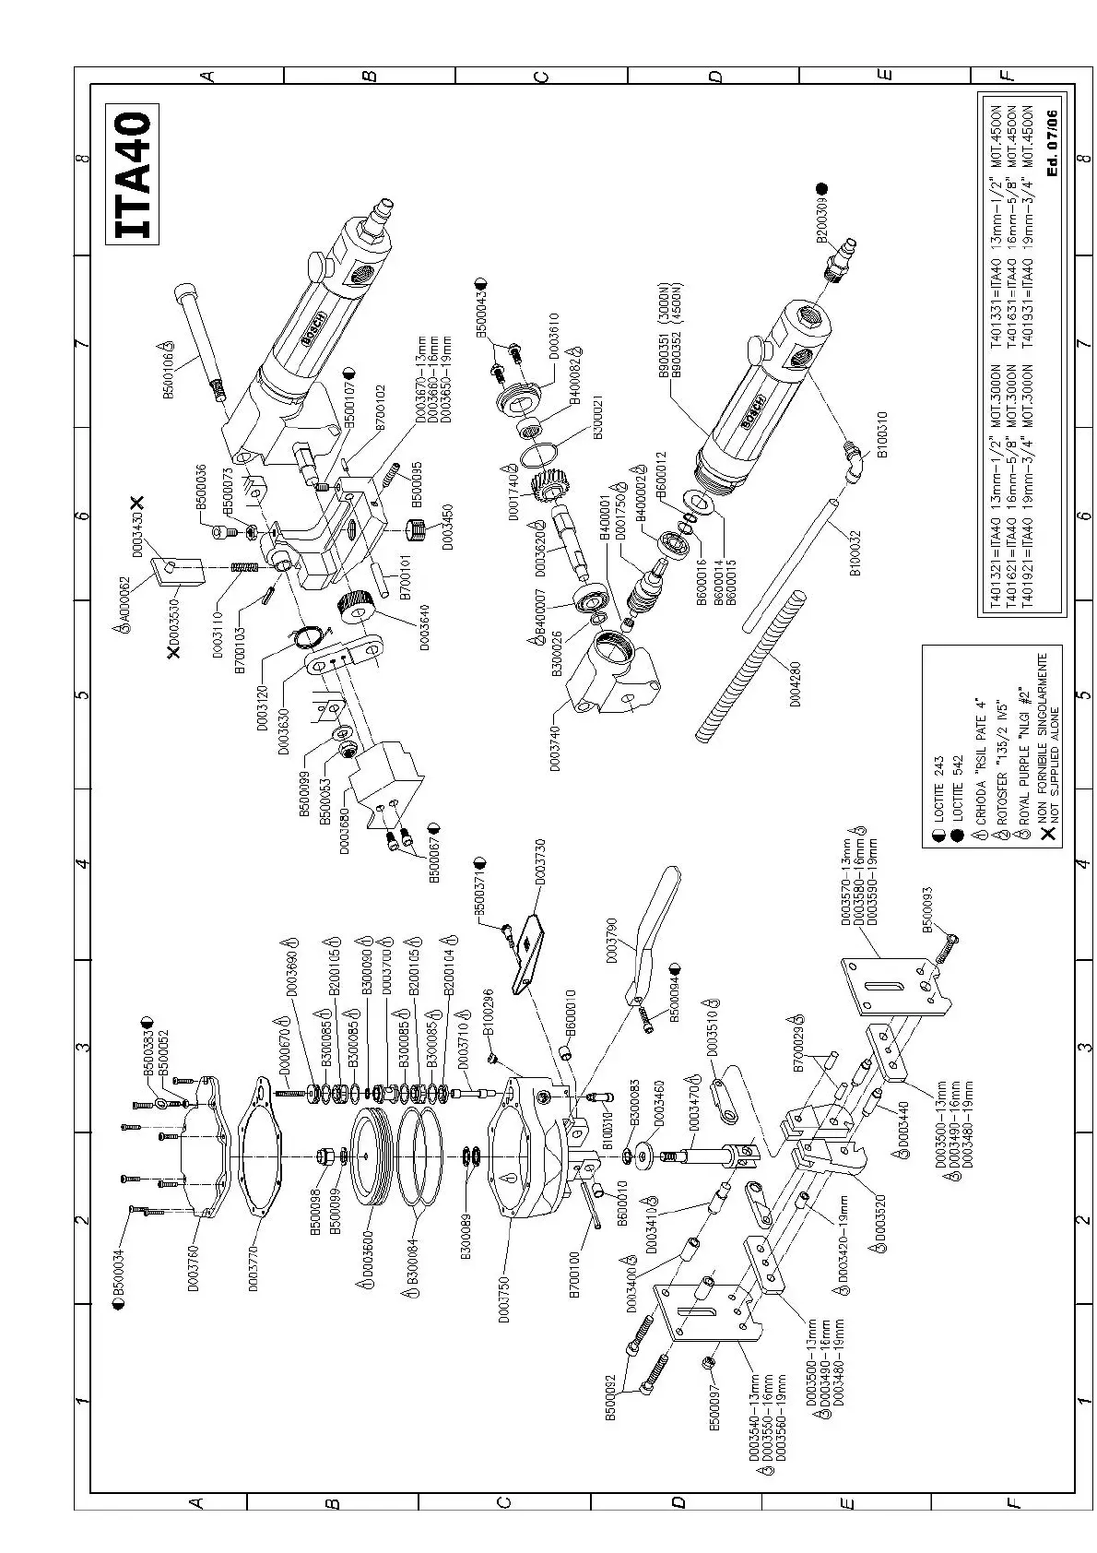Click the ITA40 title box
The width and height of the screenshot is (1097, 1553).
(133, 177)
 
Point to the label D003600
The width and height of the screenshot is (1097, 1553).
(368, 1262)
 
